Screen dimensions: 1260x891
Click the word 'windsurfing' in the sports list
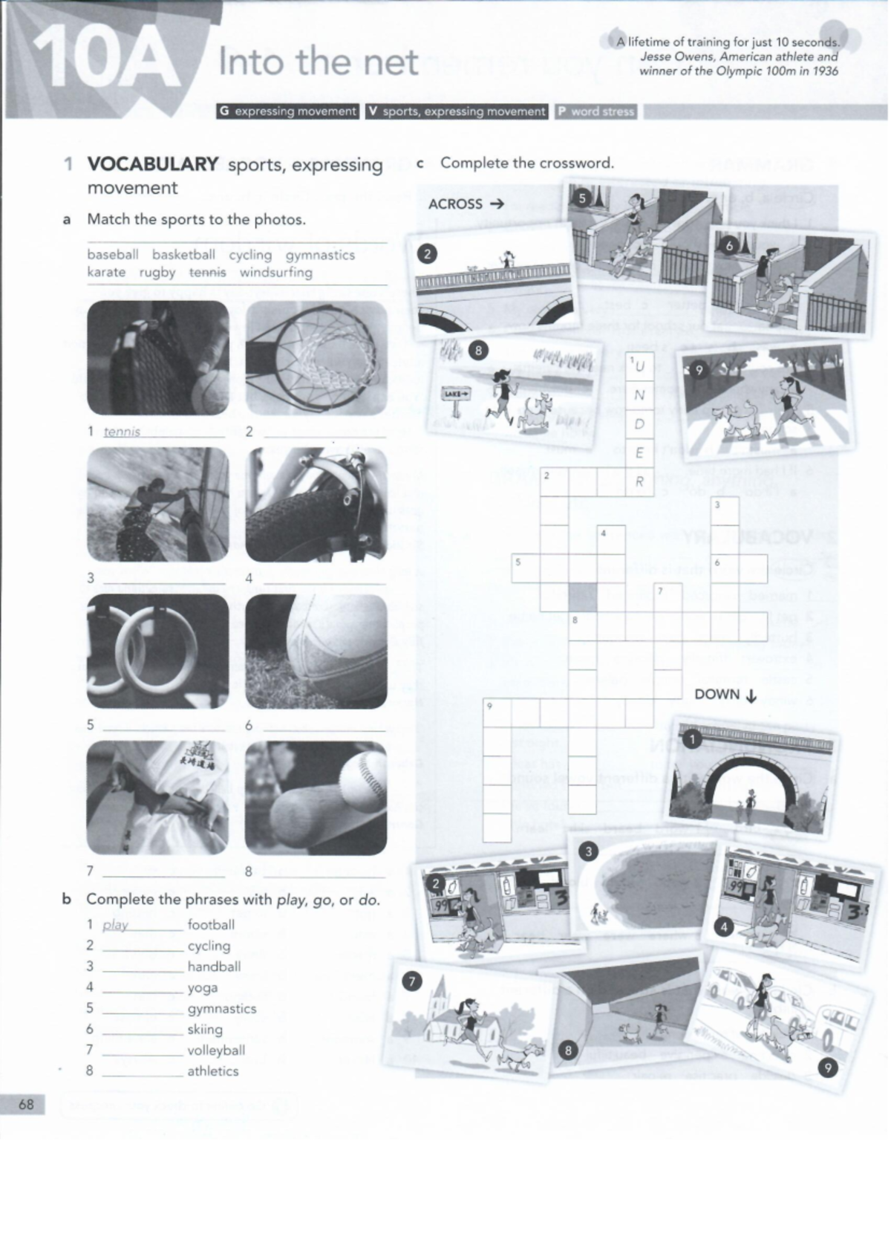point(275,272)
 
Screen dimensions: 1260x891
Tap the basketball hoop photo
point(316,357)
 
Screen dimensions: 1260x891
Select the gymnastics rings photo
point(157,652)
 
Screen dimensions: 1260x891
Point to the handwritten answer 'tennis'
point(122,431)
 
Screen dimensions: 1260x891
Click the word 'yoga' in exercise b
point(202,987)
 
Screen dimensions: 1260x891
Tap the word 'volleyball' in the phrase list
point(215,1050)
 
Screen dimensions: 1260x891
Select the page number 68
point(26,1104)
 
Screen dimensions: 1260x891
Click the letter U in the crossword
point(640,366)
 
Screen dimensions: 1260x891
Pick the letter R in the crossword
point(639,482)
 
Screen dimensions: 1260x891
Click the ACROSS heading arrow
point(497,204)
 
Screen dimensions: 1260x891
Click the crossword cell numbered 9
point(497,712)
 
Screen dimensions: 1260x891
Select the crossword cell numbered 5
point(526,568)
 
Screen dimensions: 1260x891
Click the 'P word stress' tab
point(598,111)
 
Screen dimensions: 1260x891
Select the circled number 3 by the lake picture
point(588,852)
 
